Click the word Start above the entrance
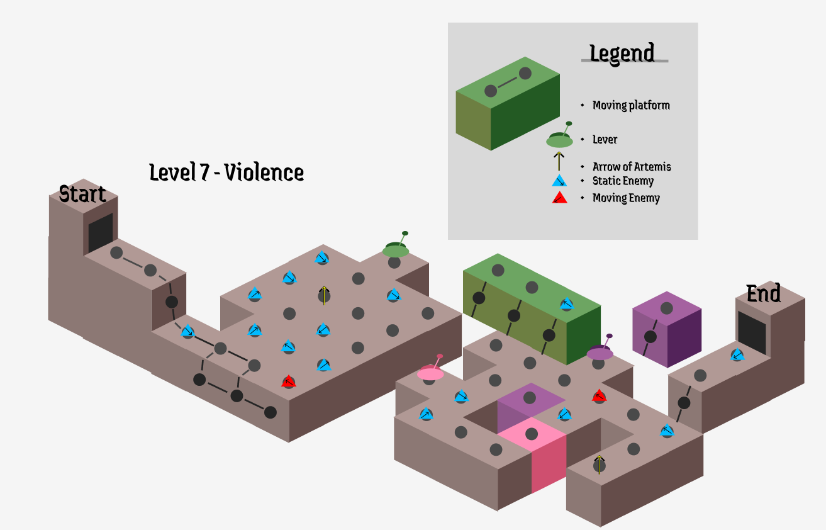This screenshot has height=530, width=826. coord(82,194)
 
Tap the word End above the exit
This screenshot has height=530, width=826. coord(763,294)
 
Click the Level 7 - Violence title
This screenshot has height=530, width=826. coord(226,172)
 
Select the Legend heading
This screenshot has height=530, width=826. coord(622,54)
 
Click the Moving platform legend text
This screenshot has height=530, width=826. coord(631,105)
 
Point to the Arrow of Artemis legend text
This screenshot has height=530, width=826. coord(632,167)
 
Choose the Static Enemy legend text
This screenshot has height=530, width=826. coord(623,181)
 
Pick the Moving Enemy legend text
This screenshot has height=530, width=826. coord(626,198)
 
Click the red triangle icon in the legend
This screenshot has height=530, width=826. coord(559,198)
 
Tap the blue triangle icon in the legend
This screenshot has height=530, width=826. coord(559,181)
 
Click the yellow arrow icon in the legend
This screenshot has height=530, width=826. coord(559,161)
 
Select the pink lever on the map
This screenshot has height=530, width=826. coord(431,372)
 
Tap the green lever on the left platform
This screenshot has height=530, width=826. coord(396,249)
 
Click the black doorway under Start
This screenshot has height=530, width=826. coord(101,232)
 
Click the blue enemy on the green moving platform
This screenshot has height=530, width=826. coord(567,305)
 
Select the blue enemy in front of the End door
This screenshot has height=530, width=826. coord(737,356)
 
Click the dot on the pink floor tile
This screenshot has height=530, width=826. coord(532,434)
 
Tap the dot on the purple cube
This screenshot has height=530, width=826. coord(650,337)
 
